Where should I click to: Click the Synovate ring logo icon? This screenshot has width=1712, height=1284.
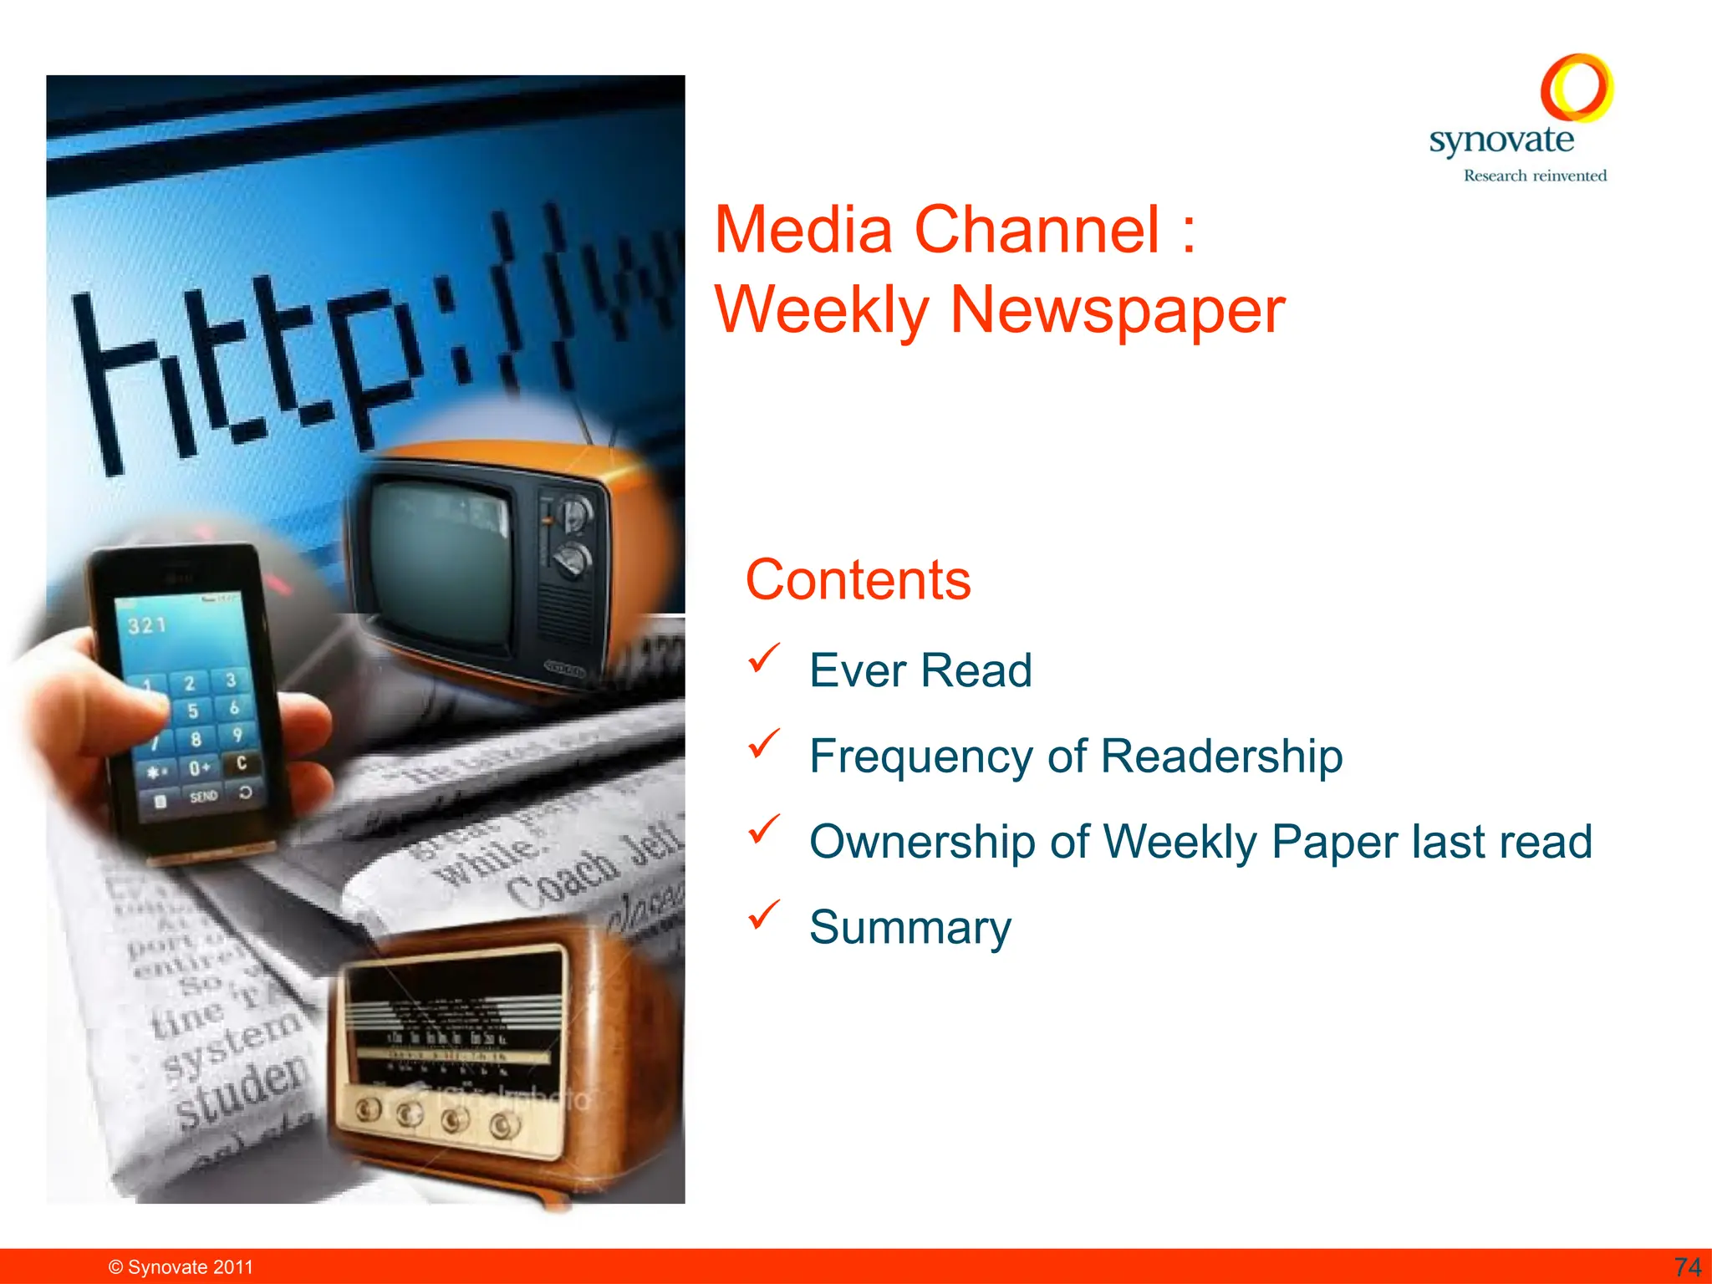tap(1577, 88)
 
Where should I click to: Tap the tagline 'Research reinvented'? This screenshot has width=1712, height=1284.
tap(1535, 176)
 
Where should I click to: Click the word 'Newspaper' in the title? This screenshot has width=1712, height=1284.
tap(1117, 310)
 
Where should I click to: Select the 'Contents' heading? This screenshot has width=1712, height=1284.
tap(858, 579)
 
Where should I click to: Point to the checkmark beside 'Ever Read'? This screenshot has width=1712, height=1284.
tap(764, 658)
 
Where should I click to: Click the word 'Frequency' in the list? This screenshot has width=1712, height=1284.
tap(924, 756)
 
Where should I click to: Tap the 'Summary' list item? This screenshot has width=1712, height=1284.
tap(909, 927)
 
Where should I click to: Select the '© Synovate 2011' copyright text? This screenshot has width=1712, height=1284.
tap(181, 1267)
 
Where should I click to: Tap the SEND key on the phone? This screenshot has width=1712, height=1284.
tap(203, 796)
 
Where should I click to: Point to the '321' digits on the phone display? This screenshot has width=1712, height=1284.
tap(147, 625)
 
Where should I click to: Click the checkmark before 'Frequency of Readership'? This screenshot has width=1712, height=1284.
tap(764, 743)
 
